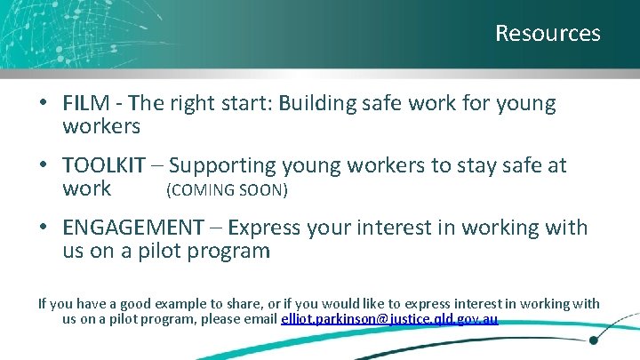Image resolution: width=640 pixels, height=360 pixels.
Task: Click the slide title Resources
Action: (548, 34)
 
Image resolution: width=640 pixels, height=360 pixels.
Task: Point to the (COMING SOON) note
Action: (227, 189)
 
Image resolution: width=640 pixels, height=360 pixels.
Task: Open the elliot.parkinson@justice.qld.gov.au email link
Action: (389, 319)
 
